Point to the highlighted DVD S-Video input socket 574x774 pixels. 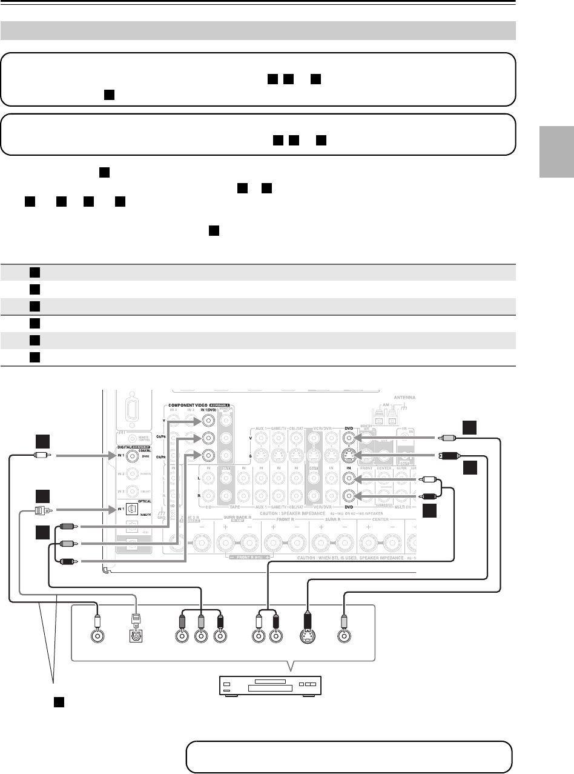pos(349,455)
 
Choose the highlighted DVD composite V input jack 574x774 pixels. pos(349,437)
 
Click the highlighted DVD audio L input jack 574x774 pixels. pos(349,478)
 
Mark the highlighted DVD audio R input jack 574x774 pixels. pos(349,496)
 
